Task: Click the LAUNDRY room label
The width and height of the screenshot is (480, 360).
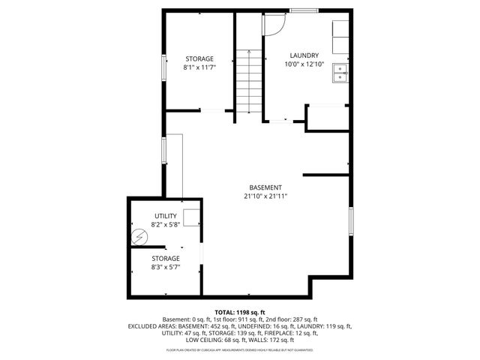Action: (x=304, y=55)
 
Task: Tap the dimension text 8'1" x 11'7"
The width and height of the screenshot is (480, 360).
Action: (x=199, y=67)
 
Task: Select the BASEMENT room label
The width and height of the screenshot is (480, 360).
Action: (x=265, y=187)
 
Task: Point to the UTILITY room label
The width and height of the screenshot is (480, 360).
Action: (x=166, y=216)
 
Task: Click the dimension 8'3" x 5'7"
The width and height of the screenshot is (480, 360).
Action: (x=166, y=267)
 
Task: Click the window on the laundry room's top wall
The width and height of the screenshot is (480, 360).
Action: (x=302, y=10)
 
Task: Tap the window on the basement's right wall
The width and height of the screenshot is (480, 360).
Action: (x=350, y=222)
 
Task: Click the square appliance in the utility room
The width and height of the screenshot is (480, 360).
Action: (x=192, y=217)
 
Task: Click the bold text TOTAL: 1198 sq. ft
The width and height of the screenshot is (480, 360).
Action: (x=240, y=312)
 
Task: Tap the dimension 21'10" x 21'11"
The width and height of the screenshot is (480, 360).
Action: (x=265, y=196)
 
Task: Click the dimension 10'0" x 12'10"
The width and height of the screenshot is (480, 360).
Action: (x=304, y=64)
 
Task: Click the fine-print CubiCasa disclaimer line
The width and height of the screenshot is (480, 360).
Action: (x=240, y=349)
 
